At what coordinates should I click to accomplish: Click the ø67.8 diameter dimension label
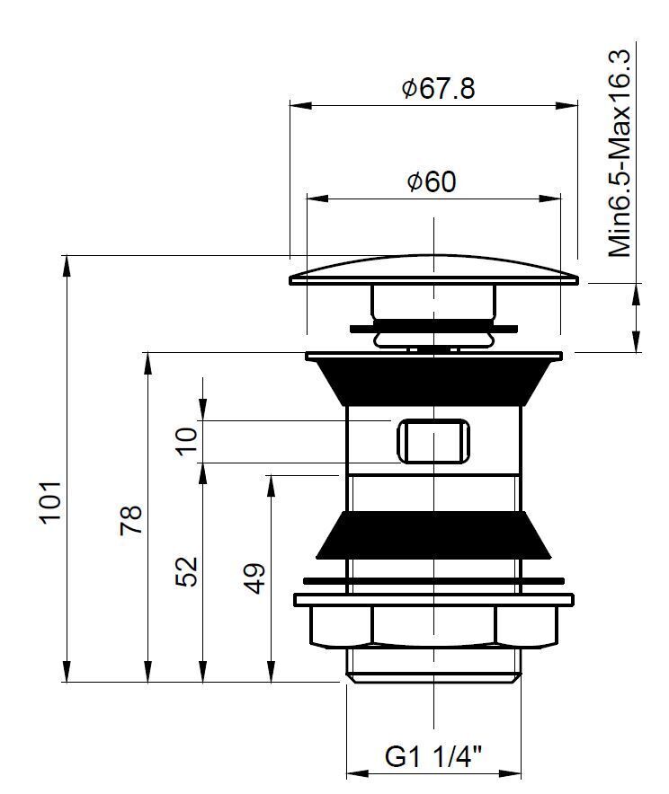[439, 89]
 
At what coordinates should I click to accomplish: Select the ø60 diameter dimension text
[432, 181]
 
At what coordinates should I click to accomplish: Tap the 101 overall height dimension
[51, 501]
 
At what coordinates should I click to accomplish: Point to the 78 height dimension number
[131, 520]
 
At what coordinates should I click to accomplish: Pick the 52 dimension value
[186, 572]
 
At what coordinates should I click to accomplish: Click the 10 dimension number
[186, 442]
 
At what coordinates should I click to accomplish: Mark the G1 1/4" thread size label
[433, 757]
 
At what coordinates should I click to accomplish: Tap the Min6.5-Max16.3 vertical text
[620, 154]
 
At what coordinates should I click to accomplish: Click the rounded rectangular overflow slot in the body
[433, 440]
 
